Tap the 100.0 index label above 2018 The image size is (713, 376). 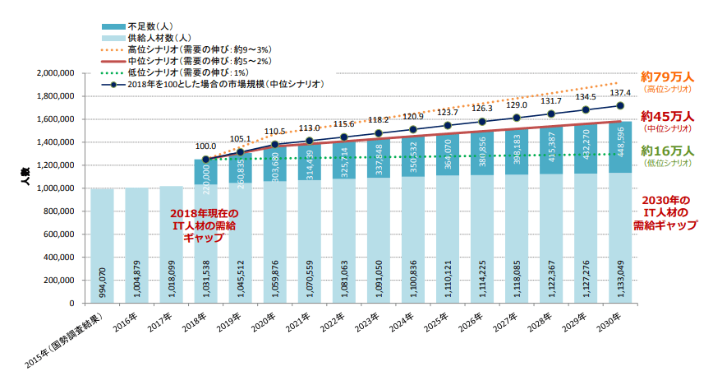pos(205,146)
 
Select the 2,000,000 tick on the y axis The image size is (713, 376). pos(56,73)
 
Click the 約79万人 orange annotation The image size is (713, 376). pos(666,77)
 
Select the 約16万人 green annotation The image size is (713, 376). pos(666,151)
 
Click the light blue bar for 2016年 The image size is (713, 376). pos(136,247)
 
